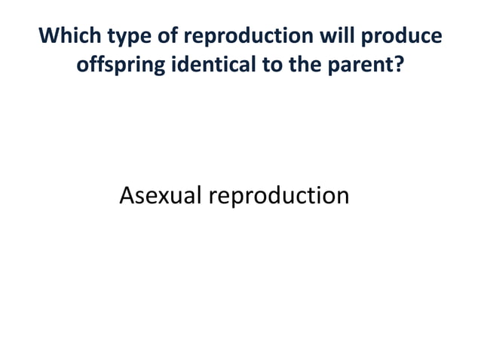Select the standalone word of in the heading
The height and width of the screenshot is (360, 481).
pyautogui.click(x=163, y=37)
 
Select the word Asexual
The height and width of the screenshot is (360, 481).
pyautogui.click(x=161, y=196)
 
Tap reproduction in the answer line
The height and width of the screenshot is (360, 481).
pyautogui.click(x=278, y=196)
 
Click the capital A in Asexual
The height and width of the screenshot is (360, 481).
pyautogui.click(x=127, y=196)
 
